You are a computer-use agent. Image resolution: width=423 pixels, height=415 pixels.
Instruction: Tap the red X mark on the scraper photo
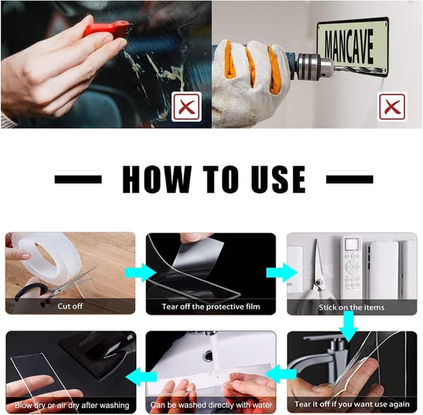tap(187, 107)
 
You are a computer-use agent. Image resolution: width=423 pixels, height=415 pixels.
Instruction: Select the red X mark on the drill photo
tap(392, 107)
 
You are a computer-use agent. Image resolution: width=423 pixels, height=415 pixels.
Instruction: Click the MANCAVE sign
tap(353, 46)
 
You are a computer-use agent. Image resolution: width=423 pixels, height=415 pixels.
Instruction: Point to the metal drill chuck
tap(314, 66)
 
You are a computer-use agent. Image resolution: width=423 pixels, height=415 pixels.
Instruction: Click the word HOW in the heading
tap(157, 179)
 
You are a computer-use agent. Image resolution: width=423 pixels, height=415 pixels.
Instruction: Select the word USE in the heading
tap(278, 179)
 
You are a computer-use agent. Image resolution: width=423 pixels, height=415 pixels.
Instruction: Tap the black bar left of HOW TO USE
tap(78, 179)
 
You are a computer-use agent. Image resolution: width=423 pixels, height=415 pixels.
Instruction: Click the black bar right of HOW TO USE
tap(350, 179)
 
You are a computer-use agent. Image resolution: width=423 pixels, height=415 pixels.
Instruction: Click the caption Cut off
tap(70, 306)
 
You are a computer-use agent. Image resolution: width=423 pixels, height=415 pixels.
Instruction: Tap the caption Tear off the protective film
tap(211, 307)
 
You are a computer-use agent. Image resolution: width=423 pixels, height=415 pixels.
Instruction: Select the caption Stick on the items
tap(352, 307)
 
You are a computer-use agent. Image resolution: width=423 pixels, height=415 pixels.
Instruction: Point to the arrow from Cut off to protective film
tap(140, 272)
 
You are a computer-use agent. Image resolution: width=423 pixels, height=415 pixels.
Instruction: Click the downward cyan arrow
tap(348, 326)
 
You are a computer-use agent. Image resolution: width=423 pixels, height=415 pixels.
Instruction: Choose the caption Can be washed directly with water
tap(211, 405)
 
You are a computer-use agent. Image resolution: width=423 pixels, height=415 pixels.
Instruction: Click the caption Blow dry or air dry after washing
tap(72, 405)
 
